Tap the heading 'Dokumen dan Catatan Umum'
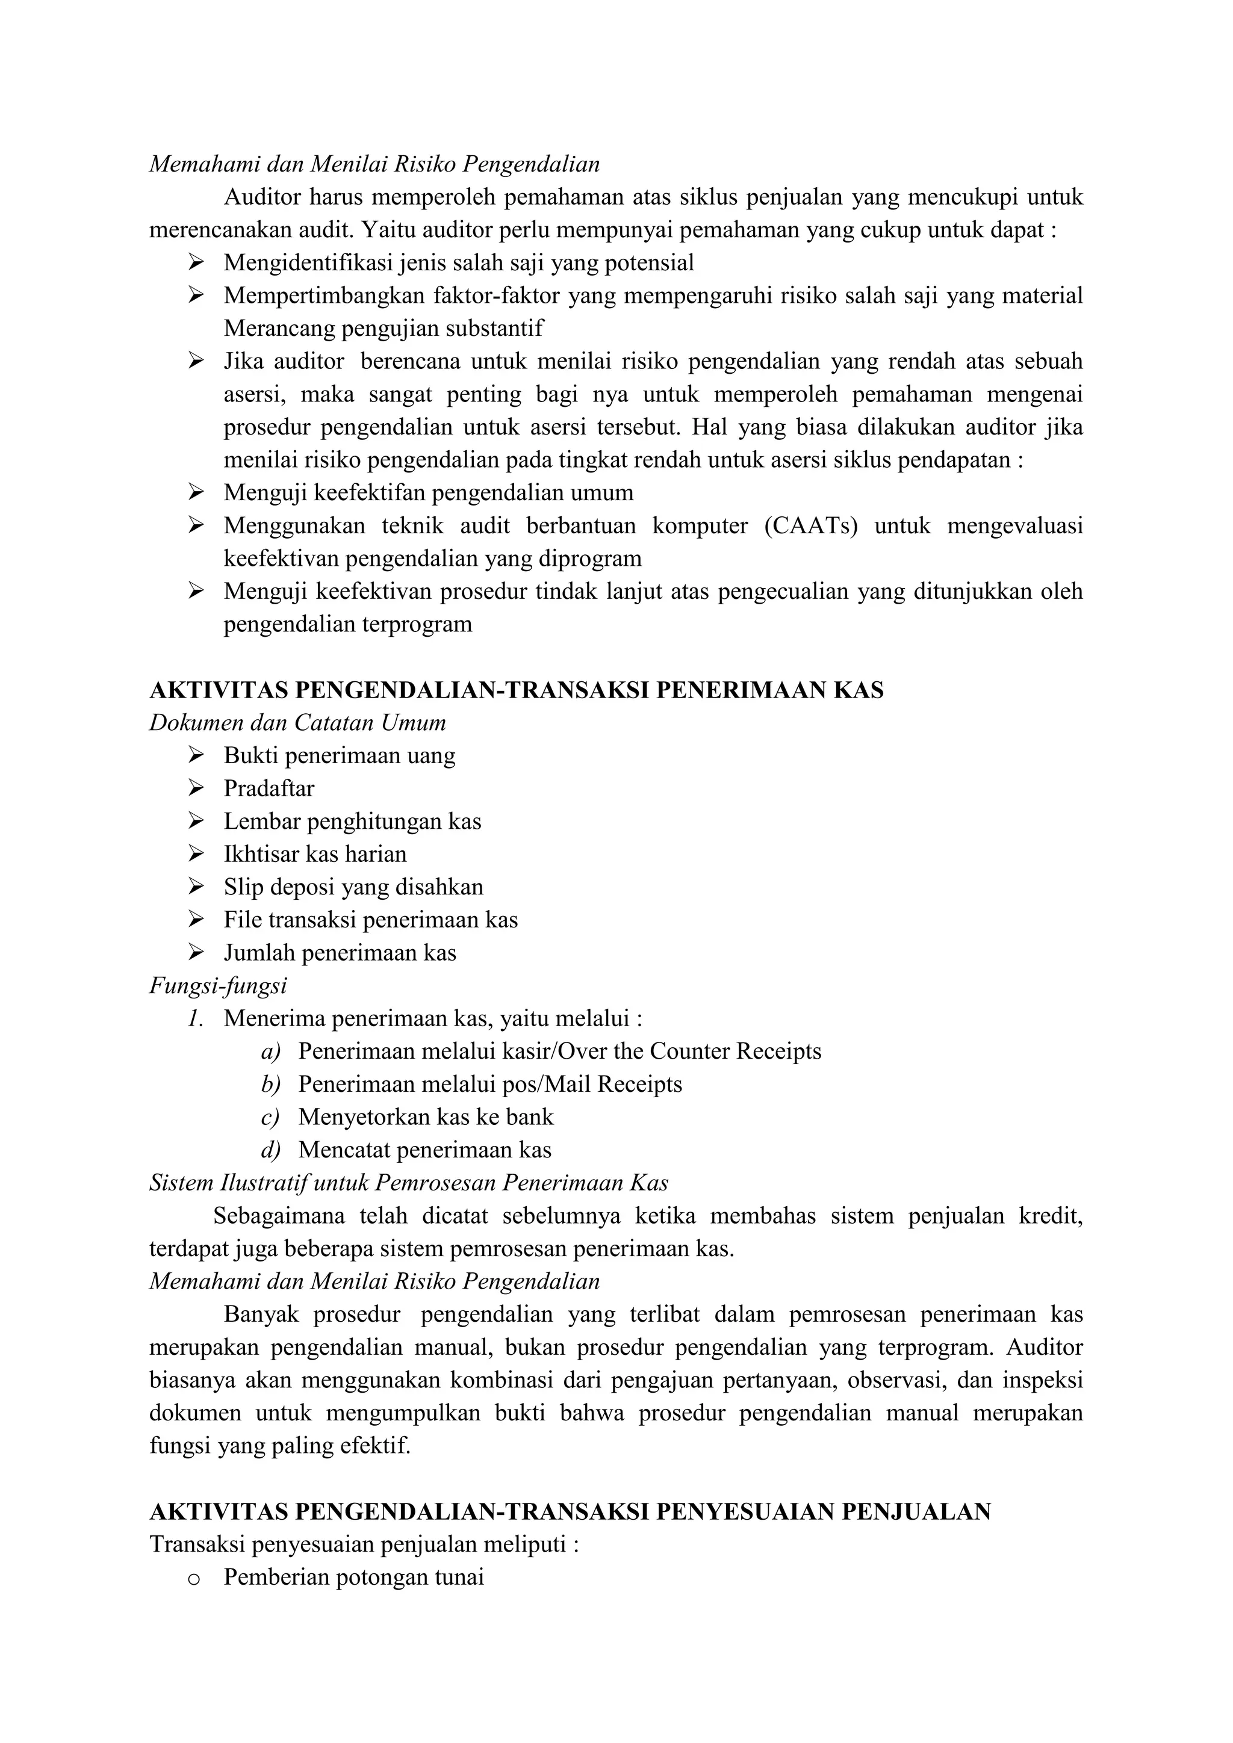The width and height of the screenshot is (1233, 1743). [x=297, y=723]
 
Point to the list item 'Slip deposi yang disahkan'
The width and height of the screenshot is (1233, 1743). [x=353, y=887]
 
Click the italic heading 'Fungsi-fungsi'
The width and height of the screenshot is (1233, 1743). [x=218, y=985]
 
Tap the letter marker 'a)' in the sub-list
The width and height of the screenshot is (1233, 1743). [x=270, y=1051]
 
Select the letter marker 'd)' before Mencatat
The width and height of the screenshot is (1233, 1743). [x=270, y=1150]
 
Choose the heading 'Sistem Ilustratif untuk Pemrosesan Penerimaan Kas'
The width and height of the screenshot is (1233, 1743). [x=408, y=1183]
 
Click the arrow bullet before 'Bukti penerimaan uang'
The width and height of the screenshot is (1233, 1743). [x=196, y=755]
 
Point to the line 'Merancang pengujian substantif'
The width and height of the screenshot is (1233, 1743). [x=384, y=329]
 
